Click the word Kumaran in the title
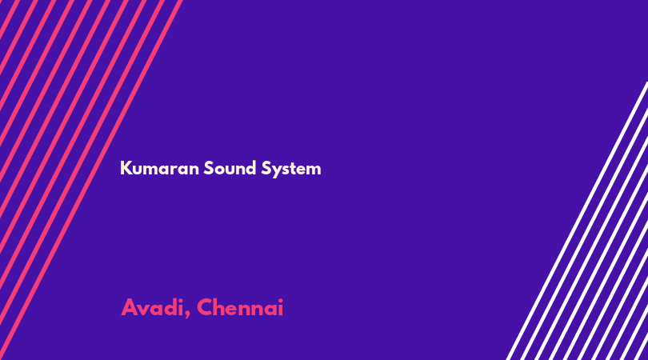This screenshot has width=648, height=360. [159, 168]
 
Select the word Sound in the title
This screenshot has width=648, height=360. [230, 168]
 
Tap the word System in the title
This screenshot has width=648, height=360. [291, 169]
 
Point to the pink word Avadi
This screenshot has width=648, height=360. [152, 308]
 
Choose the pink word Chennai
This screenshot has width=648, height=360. [240, 307]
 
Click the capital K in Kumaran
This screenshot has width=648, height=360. [126, 168]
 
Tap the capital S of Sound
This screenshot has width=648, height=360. [208, 168]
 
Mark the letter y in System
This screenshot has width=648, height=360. [275, 170]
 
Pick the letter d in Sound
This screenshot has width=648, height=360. [251, 168]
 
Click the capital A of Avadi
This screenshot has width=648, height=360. [130, 307]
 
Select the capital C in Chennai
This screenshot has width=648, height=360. [205, 307]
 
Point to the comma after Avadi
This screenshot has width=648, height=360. [187, 315]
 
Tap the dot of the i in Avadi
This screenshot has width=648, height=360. [181, 300]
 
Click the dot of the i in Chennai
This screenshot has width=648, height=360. [281, 300]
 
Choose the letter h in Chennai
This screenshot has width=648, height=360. [221, 307]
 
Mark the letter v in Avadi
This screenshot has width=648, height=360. [144, 310]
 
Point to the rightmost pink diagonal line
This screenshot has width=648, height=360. [91, 180]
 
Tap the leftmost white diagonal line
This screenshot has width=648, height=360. [578, 221]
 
